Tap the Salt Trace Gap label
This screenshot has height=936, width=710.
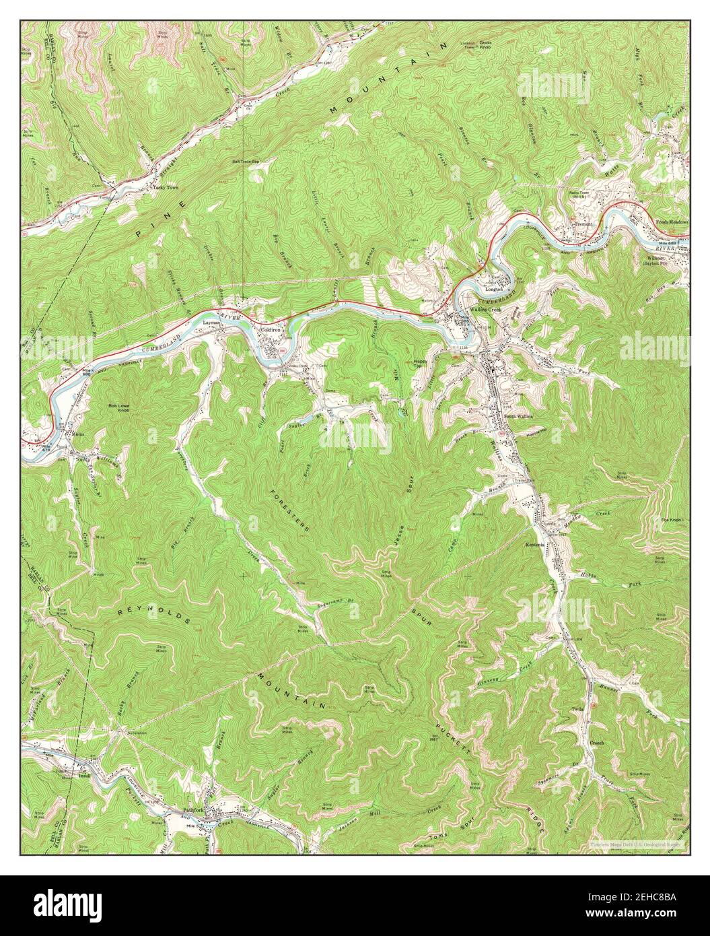245,162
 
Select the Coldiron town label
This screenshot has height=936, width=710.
271,331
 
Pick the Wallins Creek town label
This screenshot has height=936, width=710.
487,309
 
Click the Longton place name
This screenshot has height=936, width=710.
494,289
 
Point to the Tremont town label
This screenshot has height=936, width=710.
582,224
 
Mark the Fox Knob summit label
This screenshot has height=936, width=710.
672,521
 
